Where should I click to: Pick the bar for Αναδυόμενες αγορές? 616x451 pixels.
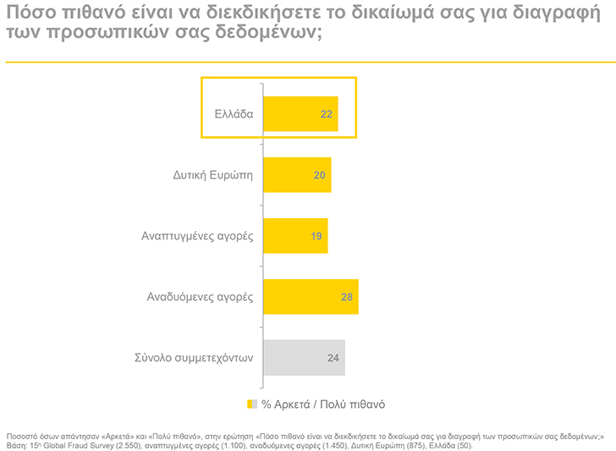click(x=296, y=297)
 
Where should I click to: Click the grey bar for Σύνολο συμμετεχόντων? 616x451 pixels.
click(x=292, y=358)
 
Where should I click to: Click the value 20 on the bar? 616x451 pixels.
click(x=320, y=175)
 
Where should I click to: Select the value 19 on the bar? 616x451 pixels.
click(x=316, y=236)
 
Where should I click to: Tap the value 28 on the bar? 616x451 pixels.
click(x=347, y=297)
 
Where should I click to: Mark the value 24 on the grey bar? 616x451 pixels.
click(x=333, y=358)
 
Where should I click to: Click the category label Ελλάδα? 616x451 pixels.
click(x=233, y=114)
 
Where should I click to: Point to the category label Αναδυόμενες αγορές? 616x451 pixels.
click(x=199, y=297)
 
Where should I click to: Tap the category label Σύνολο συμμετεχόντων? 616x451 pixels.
click(x=194, y=358)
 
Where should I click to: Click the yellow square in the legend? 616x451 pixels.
click(x=250, y=404)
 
